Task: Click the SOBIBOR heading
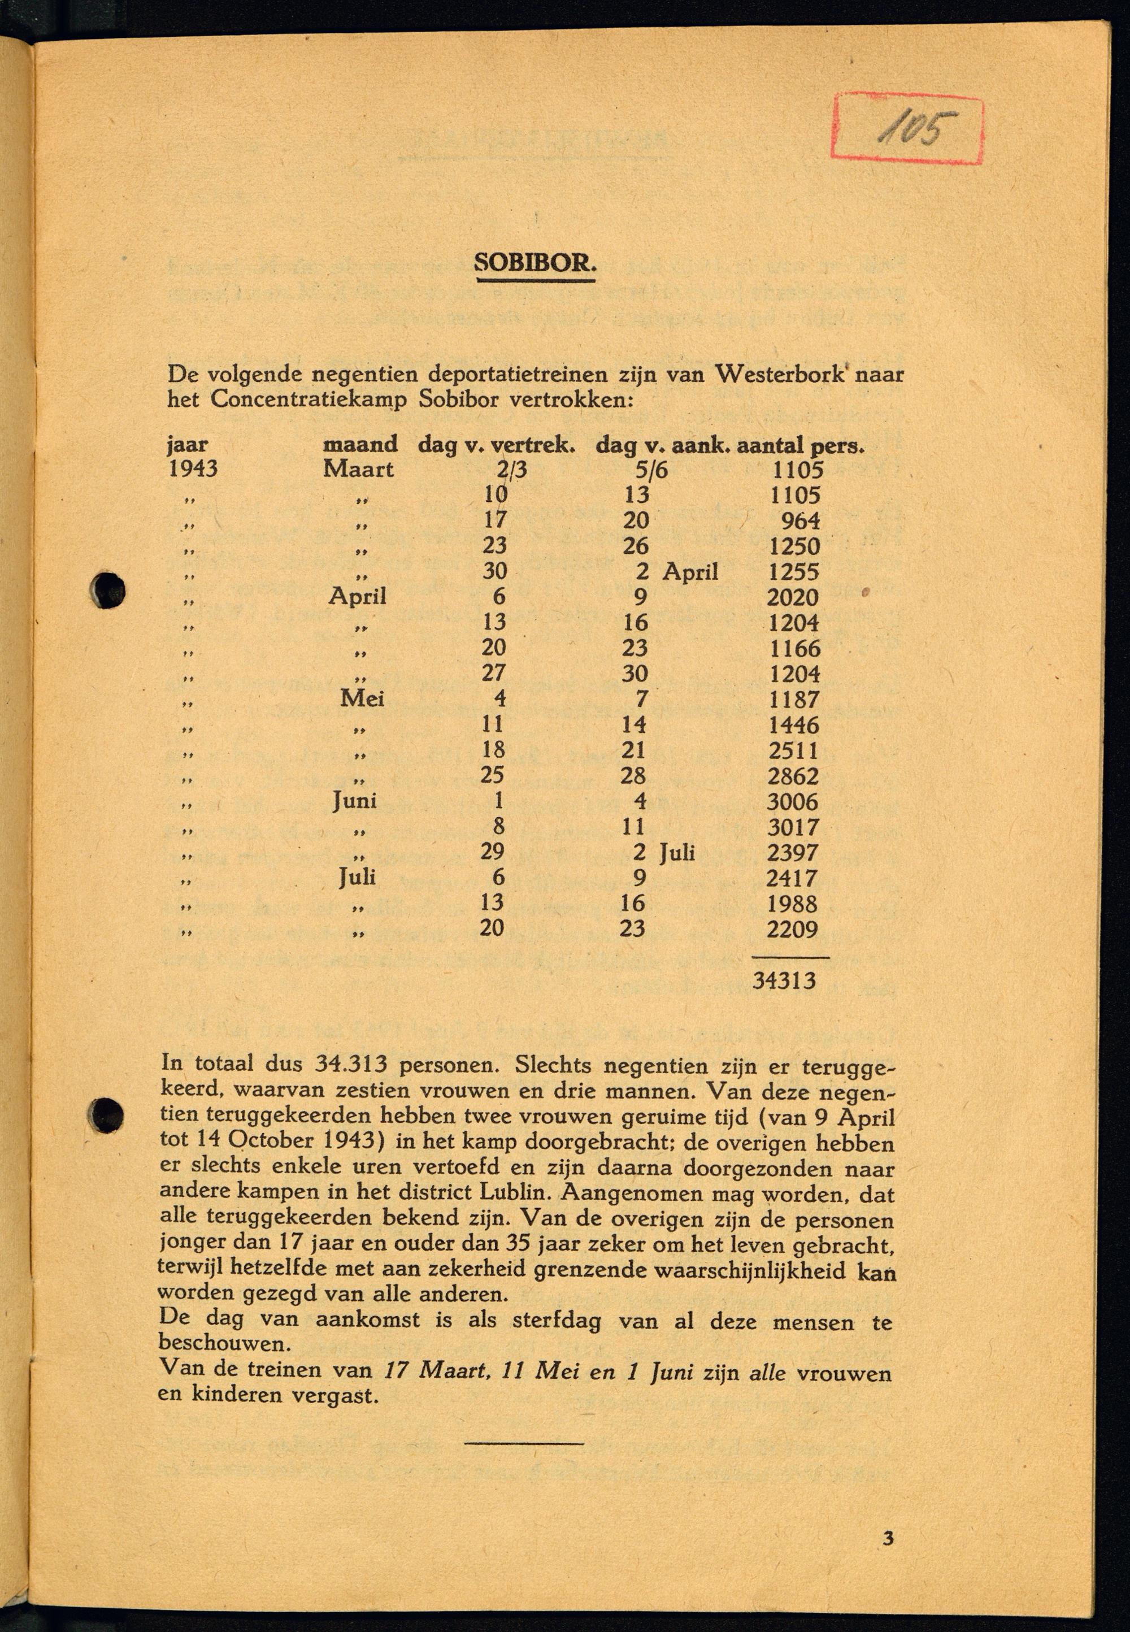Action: pyautogui.click(x=535, y=263)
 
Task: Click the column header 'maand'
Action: pyautogui.click(x=360, y=445)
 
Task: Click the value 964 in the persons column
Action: pyautogui.click(x=800, y=520)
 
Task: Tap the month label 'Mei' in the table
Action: pyautogui.click(x=362, y=699)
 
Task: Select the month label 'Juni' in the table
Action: pyautogui.click(x=355, y=801)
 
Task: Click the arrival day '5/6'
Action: pyautogui.click(x=651, y=470)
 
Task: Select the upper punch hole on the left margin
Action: pyautogui.click(x=108, y=589)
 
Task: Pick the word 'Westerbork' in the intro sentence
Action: pyautogui.click(x=780, y=374)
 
